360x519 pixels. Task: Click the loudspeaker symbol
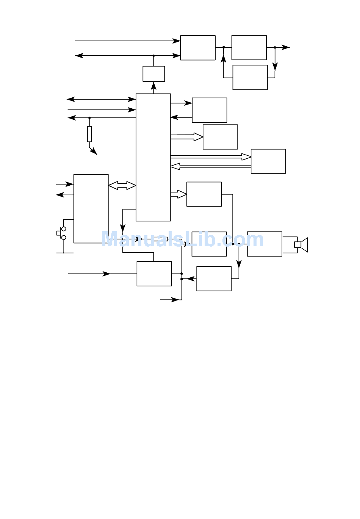pos(301,245)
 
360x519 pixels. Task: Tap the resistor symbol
pos(89,134)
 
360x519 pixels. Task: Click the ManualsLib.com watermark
pos(182,239)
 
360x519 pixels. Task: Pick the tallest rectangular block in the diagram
pos(153,157)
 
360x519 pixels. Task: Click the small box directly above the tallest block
pos(154,73)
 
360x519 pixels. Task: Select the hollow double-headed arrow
pos(122,185)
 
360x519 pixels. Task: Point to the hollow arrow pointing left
pos(211,166)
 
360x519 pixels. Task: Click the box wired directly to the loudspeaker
pos(265,244)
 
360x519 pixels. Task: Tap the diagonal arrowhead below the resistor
pos(94,151)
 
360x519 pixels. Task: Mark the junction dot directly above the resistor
pos(89,118)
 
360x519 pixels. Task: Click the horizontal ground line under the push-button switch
pos(65,253)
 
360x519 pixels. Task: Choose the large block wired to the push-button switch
pos(91,209)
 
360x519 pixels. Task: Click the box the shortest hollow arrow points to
pos(204,194)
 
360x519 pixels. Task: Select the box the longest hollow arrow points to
pos(268,161)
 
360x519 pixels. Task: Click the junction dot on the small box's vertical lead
pos(153,56)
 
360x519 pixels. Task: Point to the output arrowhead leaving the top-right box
pos(286,47)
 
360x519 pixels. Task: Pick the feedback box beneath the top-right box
pos(250,77)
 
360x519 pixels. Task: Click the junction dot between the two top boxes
pos(224,47)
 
